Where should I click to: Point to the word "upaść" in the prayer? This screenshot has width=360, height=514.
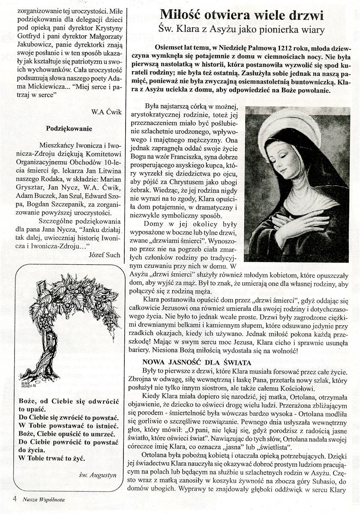click(x=29, y=409)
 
